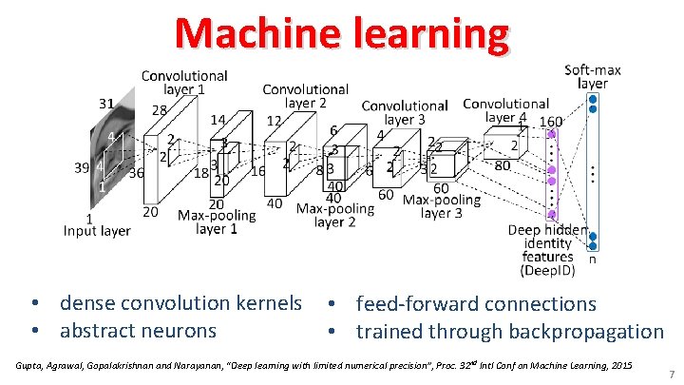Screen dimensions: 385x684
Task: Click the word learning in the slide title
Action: pyautogui.click(x=430, y=35)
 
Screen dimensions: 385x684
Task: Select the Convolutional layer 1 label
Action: pyautogui.click(x=184, y=82)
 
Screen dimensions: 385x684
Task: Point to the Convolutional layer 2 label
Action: pyautogui.click(x=305, y=96)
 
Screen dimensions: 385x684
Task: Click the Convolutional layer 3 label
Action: pyautogui.click(x=405, y=112)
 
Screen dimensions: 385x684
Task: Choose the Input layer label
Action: pyautogui.click(x=98, y=230)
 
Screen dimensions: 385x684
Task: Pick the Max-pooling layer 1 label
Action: pyautogui.click(x=216, y=221)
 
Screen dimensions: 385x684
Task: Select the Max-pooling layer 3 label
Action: pyautogui.click(x=442, y=206)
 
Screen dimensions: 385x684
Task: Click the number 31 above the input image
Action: pyautogui.click(x=106, y=104)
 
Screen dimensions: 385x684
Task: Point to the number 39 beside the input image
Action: pyautogui.click(x=83, y=168)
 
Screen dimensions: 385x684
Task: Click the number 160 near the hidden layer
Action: pyautogui.click(x=551, y=122)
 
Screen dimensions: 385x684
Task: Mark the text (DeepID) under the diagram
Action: pyautogui.click(x=548, y=270)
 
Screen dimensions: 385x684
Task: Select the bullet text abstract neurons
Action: pyautogui.click(x=138, y=332)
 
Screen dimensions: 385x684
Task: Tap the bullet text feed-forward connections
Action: pyautogui.click(x=476, y=304)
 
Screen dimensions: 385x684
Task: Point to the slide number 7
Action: pyautogui.click(x=671, y=375)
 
